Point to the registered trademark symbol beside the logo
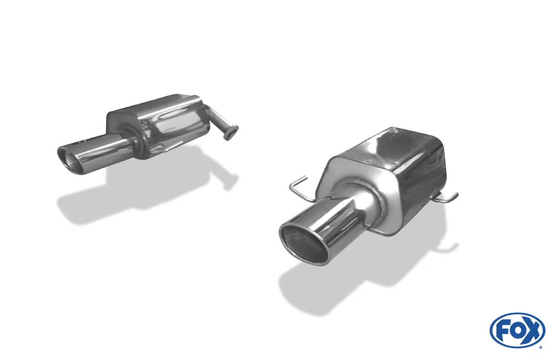point(540,348)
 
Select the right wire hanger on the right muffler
point(446,197)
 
